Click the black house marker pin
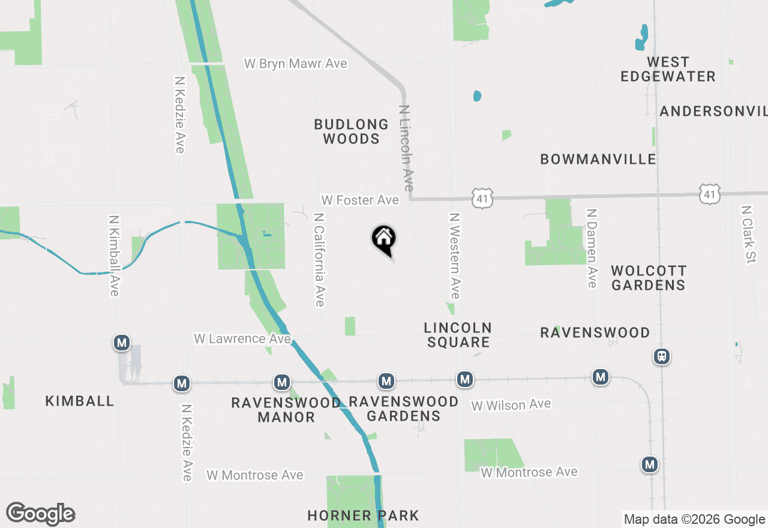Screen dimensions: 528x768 click(x=384, y=240)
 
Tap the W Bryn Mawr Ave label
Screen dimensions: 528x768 click(x=295, y=64)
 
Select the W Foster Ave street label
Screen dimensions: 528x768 click(x=360, y=200)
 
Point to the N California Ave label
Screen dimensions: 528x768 click(x=319, y=259)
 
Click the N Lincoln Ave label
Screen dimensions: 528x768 click(x=407, y=149)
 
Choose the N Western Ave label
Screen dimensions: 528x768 click(x=454, y=256)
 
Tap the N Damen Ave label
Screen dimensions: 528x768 click(x=592, y=248)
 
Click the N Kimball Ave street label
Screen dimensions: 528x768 click(x=114, y=255)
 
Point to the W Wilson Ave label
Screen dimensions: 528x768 click(x=511, y=405)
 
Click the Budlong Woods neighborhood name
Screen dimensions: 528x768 click(x=352, y=131)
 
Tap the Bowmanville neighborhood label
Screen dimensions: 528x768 click(x=598, y=159)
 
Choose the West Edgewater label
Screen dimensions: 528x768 click(x=668, y=69)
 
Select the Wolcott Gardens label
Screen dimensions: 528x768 click(x=649, y=278)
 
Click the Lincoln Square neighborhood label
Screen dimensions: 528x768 click(x=458, y=335)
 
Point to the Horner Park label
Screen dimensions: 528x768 click(x=363, y=515)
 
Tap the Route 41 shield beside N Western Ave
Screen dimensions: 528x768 click(x=482, y=198)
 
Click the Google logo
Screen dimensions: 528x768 click(x=41, y=514)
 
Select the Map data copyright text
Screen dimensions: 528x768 click(x=694, y=520)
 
